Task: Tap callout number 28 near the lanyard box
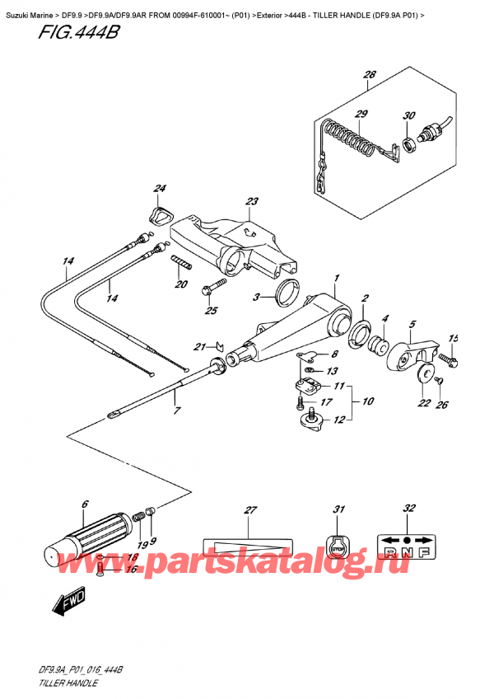[369, 76]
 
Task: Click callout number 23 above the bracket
[251, 202]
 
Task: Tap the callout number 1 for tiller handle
[336, 280]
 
